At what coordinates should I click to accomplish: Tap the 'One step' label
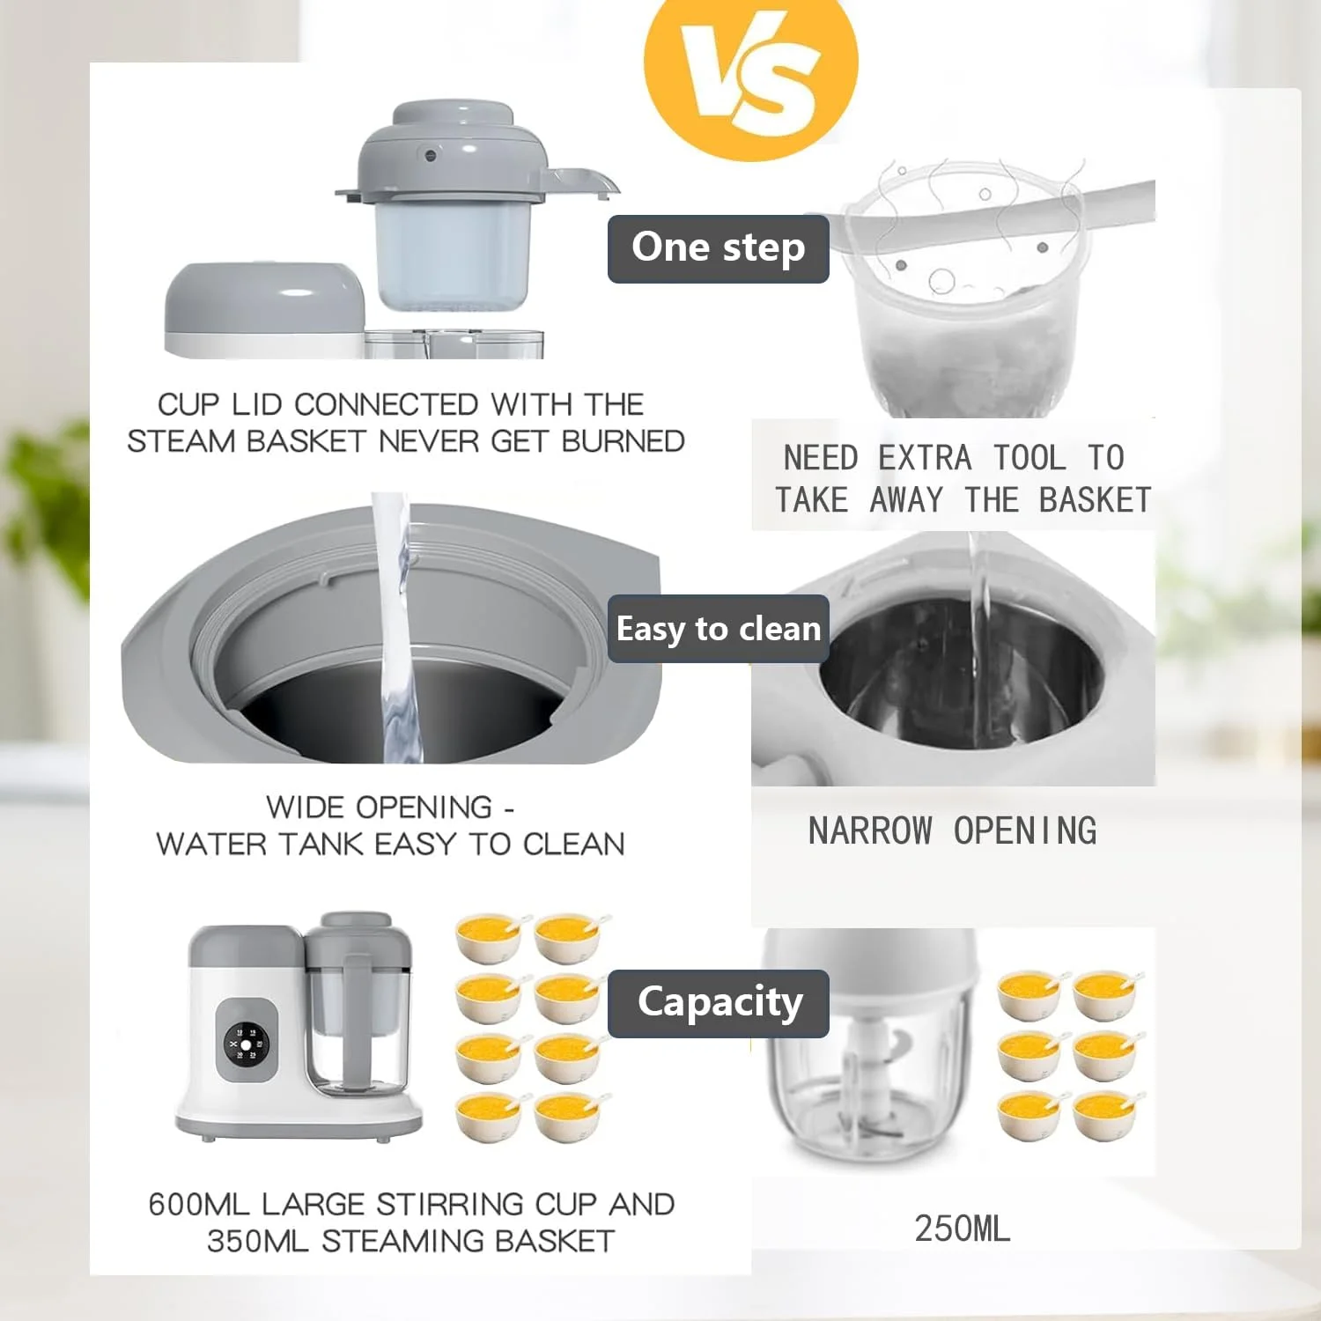tap(719, 248)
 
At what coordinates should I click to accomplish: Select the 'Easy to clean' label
tap(719, 629)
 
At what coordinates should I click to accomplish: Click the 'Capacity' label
tap(719, 1003)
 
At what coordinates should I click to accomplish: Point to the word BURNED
tap(624, 441)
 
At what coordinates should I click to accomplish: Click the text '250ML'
tap(963, 1229)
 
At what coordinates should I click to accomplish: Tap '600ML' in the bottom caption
tap(200, 1204)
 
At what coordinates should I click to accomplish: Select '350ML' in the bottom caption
tap(258, 1241)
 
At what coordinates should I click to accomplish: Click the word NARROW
tap(870, 831)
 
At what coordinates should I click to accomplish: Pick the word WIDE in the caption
tap(306, 807)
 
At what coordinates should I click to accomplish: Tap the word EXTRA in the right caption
tap(926, 458)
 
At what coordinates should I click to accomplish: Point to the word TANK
tap(321, 844)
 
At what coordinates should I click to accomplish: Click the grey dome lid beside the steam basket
tap(265, 299)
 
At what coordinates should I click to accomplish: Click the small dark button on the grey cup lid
tap(431, 156)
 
